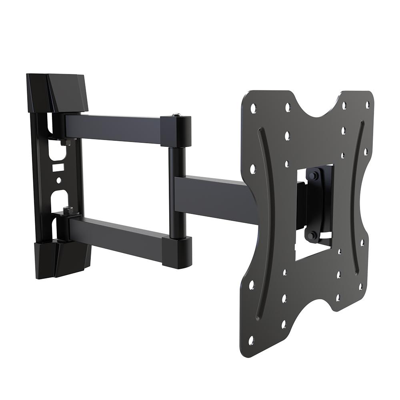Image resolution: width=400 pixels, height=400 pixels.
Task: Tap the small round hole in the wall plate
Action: pos(59,180)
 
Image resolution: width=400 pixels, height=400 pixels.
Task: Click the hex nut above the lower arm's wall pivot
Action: pos(66,210)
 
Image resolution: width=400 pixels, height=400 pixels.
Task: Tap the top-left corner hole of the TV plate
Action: pos(253,108)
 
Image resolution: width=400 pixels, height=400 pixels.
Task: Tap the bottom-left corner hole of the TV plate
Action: pos(251,341)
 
